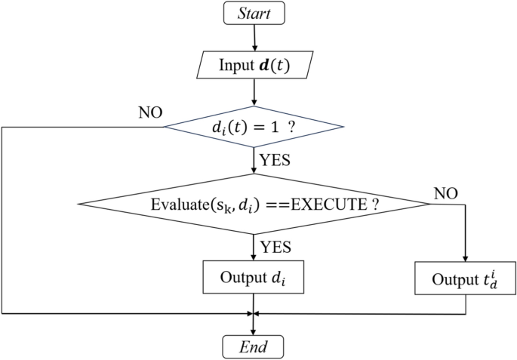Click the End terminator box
click(253, 346)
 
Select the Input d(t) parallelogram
click(254, 65)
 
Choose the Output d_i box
click(254, 276)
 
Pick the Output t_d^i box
click(466, 278)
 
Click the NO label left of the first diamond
click(151, 113)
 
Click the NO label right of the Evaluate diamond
click(447, 193)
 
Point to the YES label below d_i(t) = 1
click(275, 160)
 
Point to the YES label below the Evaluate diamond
click(275, 247)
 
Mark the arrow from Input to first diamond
click(254, 92)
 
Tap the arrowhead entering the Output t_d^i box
click(466, 257)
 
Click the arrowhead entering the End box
click(254, 330)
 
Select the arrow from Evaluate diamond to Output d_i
click(254, 245)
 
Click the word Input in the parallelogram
click(235, 65)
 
